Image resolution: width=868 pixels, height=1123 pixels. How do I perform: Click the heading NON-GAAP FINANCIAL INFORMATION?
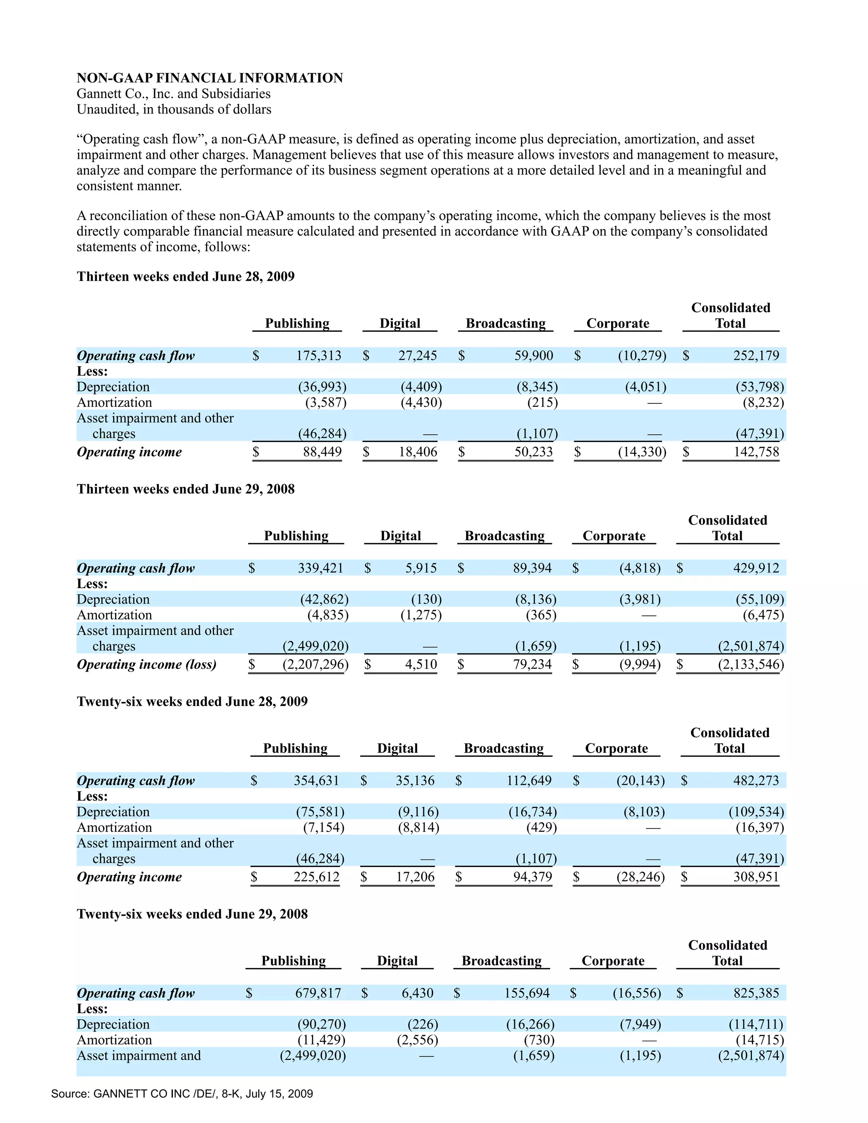tap(210, 78)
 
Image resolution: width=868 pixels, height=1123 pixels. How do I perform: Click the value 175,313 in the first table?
tap(318, 355)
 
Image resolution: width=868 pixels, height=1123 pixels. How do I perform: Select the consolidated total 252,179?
tap(756, 355)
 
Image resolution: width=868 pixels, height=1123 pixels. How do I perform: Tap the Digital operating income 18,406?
tap(417, 452)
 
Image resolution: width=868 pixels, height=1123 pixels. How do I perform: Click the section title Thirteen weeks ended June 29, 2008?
tap(186, 489)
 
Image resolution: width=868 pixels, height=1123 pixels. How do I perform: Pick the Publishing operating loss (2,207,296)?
tap(315, 664)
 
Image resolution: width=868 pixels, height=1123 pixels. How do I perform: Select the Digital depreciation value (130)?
tap(426, 599)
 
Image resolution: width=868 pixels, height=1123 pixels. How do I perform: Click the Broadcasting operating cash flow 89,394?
tap(532, 568)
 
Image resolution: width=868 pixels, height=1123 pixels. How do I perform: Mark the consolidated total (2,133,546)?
tap(751, 664)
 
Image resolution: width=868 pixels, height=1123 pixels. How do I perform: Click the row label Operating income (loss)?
tap(147, 664)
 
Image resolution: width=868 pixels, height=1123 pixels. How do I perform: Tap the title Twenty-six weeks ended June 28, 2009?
tap(192, 701)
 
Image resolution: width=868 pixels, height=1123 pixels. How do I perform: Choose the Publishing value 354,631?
tap(316, 781)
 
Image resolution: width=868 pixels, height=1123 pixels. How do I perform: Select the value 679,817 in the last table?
tap(318, 993)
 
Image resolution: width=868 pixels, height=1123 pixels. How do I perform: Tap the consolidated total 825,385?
tap(756, 993)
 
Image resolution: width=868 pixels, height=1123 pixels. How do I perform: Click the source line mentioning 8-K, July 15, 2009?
tap(182, 1093)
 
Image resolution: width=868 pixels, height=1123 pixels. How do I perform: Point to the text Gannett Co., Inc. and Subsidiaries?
tap(173, 94)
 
